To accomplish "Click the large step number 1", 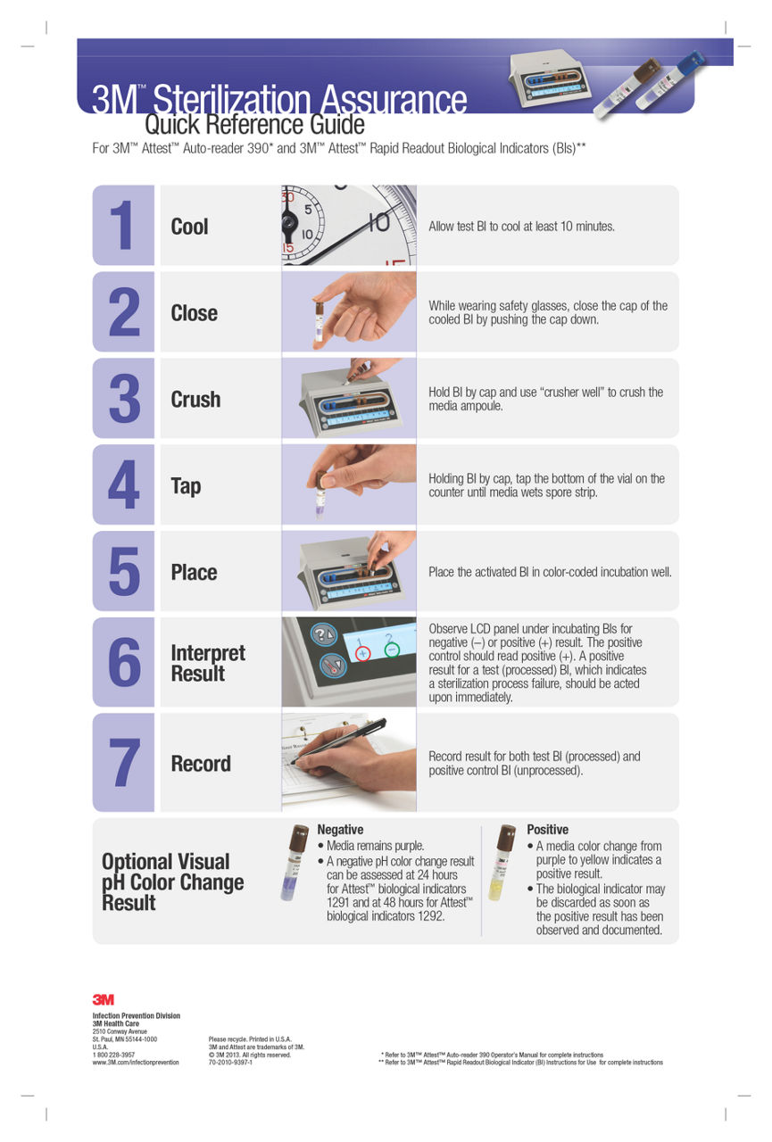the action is pyautogui.click(x=122, y=225).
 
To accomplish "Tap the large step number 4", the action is pyautogui.click(x=123, y=484).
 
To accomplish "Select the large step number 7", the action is pyautogui.click(x=124, y=763).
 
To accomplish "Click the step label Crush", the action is pyautogui.click(x=195, y=399).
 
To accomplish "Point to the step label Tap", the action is pyautogui.click(x=186, y=486).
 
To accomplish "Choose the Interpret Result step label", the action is pyautogui.click(x=208, y=663).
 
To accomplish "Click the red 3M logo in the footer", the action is pyautogui.click(x=103, y=999).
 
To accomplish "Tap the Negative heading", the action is pyautogui.click(x=340, y=830).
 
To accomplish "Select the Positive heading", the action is pyautogui.click(x=547, y=830).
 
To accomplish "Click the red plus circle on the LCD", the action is pyautogui.click(x=362, y=653).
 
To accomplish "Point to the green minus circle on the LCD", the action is pyautogui.click(x=392, y=650).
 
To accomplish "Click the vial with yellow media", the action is pyautogui.click(x=501, y=862).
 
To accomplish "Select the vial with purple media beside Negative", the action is pyautogui.click(x=294, y=862).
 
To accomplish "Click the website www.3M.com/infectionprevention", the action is pyautogui.click(x=136, y=1063).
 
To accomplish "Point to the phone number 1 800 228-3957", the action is pyautogui.click(x=113, y=1055).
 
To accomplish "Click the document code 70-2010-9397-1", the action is pyautogui.click(x=230, y=1063).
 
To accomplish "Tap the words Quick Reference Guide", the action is pyautogui.click(x=254, y=124).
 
